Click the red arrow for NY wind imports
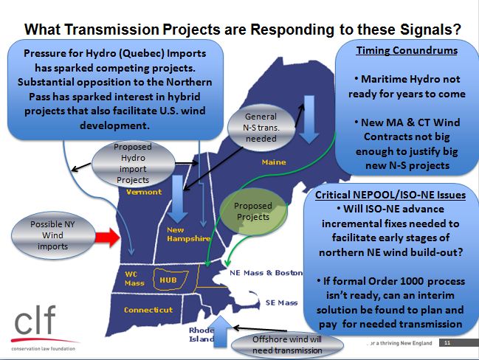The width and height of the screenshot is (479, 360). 107,238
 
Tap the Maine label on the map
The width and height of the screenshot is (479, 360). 274,162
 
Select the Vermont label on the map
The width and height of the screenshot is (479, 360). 144,192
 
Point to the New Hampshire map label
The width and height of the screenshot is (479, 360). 188,234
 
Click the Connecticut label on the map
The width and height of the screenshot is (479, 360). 148,310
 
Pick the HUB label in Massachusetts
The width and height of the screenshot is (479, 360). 168,280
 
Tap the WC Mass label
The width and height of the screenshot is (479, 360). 134,278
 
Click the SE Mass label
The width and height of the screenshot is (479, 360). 281,302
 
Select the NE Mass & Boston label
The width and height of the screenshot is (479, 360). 266,273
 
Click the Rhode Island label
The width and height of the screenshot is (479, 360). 201,334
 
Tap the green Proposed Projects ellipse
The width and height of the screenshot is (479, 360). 254,212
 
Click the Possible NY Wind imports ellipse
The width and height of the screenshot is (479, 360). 53,235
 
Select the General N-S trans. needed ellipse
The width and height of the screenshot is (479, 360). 261,128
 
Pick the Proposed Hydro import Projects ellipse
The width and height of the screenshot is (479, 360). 133,163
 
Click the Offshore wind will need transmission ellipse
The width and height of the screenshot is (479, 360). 287,345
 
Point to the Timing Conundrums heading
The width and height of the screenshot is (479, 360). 407,50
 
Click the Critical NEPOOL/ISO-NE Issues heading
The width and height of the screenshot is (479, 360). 390,195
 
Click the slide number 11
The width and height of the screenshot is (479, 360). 447,342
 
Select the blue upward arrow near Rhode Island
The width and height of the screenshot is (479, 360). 220,332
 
